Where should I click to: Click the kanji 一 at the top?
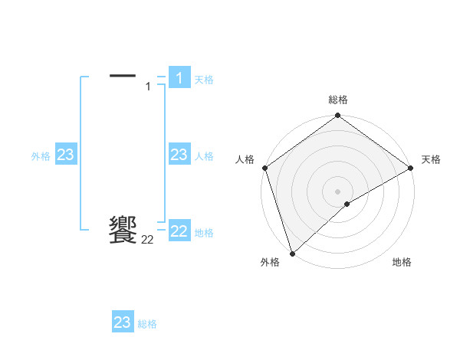coord(123,75)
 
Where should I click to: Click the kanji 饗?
coord(123,230)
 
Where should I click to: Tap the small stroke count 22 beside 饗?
coord(147,240)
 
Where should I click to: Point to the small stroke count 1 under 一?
coord(148,87)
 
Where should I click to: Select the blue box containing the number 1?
coord(179,77)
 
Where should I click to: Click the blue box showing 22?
coord(179,231)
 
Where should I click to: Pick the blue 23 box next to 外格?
coord(65,155)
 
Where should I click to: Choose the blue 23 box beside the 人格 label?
coord(179,155)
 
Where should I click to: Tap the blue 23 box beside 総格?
coord(123,322)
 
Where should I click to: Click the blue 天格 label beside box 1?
coord(204,79)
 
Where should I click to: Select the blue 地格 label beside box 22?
coord(204,233)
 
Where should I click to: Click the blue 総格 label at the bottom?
coord(147,324)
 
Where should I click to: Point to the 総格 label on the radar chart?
coord(337,100)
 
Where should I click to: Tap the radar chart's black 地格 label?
coord(402,262)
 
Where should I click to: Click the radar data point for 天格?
coord(411,168)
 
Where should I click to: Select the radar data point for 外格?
coord(292,253)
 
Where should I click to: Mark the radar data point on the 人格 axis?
coord(264,168)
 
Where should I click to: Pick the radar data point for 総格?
coord(337,116)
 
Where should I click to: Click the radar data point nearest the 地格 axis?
coord(347,204)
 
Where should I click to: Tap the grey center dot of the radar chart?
coord(337,191)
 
